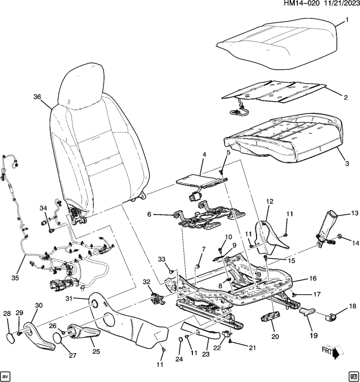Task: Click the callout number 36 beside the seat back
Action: (x=37, y=97)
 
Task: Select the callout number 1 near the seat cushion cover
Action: (x=346, y=20)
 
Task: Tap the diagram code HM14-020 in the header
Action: (x=284, y=4)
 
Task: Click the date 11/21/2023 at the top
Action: (x=334, y=4)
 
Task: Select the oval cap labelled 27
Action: (x=58, y=339)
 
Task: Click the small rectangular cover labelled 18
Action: (x=331, y=316)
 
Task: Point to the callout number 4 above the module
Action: (x=204, y=154)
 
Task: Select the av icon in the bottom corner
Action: (x=6, y=375)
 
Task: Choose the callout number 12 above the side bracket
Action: (x=269, y=202)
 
